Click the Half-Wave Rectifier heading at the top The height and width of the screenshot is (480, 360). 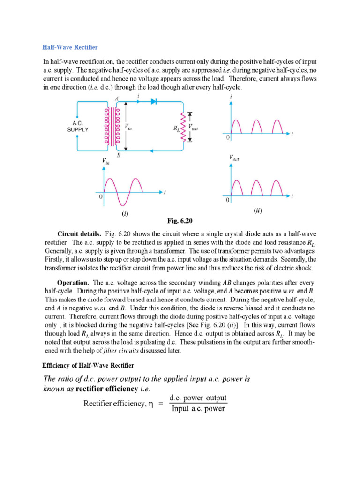click(x=70, y=47)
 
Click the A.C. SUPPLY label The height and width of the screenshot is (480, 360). click(x=77, y=127)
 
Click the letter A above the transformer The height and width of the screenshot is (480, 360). click(x=116, y=97)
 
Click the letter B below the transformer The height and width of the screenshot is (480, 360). click(x=118, y=156)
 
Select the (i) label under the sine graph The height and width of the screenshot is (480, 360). click(x=125, y=213)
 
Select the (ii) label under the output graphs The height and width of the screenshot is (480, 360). click(x=258, y=210)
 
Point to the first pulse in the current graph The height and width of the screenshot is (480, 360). click(x=238, y=127)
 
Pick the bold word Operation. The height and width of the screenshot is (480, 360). click(x=73, y=283)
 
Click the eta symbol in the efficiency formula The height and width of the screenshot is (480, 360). click(x=151, y=404)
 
